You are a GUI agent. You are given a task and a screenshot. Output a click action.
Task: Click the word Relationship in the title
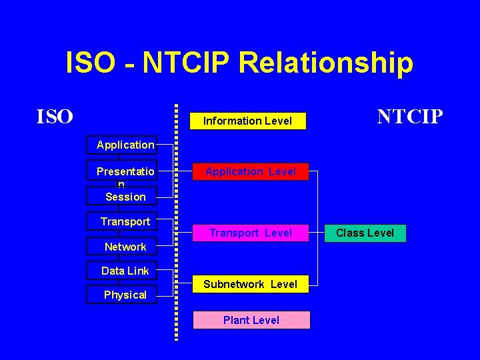click(325, 63)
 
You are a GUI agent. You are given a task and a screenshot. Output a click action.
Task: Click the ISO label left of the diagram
click(55, 117)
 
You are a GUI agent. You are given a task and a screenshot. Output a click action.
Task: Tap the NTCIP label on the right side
click(409, 117)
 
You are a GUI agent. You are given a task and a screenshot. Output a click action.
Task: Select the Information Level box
click(247, 121)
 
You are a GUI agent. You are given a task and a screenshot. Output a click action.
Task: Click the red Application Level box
click(251, 172)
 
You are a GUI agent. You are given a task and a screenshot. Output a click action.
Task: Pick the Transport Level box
click(251, 233)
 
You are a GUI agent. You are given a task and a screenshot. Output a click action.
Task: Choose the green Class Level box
click(365, 233)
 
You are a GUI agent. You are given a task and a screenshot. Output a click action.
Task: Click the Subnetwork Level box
click(251, 284)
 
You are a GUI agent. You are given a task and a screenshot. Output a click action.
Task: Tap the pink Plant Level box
click(251, 320)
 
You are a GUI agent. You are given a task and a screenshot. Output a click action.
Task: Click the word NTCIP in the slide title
click(187, 63)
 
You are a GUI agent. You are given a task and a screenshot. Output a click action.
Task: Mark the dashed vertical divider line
click(177, 220)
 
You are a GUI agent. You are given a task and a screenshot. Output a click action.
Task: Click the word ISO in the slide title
click(91, 63)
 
